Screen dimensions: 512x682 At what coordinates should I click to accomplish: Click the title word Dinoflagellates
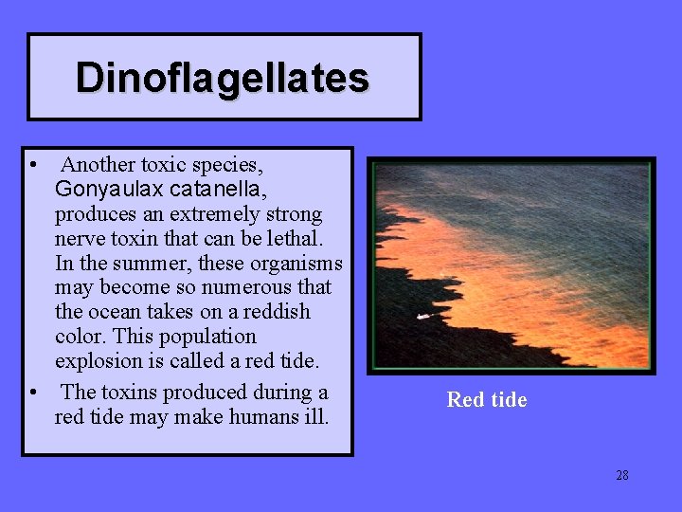click(223, 78)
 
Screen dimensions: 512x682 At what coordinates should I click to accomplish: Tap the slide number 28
click(621, 475)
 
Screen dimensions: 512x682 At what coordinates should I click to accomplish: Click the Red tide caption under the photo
click(487, 400)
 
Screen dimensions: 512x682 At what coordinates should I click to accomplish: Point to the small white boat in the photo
click(422, 317)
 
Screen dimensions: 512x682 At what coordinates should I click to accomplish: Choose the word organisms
click(295, 263)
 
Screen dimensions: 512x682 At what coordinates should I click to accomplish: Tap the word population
click(209, 337)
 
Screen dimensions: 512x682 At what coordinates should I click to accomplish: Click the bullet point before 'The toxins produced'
click(34, 393)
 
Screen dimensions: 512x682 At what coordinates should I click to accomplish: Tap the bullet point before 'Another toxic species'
click(34, 165)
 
